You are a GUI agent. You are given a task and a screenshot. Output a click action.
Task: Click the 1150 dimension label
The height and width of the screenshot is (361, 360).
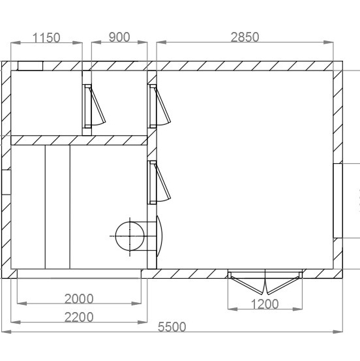[46, 38]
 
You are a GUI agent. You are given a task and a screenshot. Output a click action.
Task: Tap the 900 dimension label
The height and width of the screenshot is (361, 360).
[119, 37]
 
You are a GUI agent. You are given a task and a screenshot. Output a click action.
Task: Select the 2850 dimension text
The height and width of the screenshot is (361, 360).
[245, 37]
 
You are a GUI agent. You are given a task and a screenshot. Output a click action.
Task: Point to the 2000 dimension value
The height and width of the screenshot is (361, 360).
[79, 299]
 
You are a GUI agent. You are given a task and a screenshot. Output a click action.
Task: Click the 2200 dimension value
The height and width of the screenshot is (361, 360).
[79, 317]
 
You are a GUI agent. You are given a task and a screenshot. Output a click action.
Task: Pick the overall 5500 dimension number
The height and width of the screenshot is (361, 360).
[172, 327]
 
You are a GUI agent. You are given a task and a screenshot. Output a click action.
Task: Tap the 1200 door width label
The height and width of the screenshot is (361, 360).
[265, 304]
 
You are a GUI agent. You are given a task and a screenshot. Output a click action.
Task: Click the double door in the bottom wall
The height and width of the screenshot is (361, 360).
[265, 282]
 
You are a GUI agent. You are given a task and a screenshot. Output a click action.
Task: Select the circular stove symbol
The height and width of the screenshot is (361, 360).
[130, 236]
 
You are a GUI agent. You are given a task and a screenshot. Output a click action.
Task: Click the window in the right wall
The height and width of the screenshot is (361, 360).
[338, 200]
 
